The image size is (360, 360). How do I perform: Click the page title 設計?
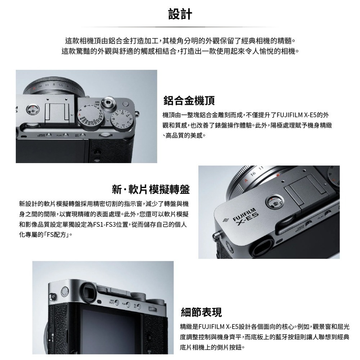point(180,14)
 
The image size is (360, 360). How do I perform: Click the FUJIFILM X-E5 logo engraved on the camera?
point(245,217)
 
